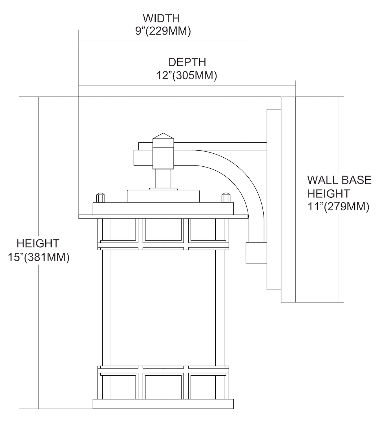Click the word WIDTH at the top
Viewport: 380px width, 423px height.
pos(161,18)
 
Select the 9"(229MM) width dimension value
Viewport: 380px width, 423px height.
pos(163,31)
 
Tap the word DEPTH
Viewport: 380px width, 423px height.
pos(187,62)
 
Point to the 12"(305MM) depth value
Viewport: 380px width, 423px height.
pos(187,75)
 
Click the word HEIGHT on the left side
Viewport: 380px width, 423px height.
pos(38,244)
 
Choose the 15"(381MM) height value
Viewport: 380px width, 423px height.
pos(39,257)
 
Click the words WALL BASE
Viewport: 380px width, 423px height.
pos(339,180)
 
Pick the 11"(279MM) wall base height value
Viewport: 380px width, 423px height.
pos(339,207)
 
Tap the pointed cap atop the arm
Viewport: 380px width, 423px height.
pos(163,136)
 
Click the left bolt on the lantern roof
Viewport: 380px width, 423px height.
pos(101,197)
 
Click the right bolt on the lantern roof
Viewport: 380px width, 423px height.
pos(226,197)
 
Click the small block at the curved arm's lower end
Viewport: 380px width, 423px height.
pos(256,253)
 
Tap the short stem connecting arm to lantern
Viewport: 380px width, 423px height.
pos(163,179)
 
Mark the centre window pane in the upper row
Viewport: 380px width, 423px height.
pos(163,230)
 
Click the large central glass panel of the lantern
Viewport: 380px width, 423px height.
pos(163,308)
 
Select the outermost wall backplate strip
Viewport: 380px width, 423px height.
pos(288,199)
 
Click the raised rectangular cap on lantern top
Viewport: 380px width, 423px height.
pos(163,196)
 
